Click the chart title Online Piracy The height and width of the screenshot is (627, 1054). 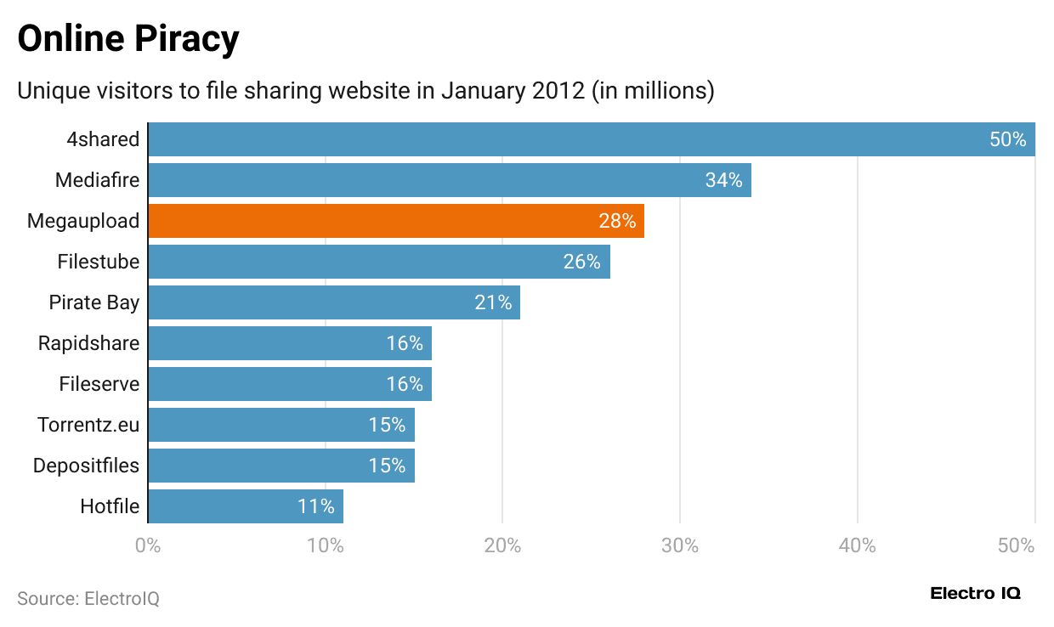click(128, 39)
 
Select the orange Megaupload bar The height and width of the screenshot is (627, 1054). click(395, 221)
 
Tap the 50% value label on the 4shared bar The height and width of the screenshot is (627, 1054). click(1008, 139)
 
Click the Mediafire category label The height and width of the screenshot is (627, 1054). click(97, 180)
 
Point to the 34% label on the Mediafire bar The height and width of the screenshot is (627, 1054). click(723, 180)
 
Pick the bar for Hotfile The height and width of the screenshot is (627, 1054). click(245, 506)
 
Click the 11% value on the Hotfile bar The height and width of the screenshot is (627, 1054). click(315, 506)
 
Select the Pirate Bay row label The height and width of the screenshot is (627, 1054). click(93, 302)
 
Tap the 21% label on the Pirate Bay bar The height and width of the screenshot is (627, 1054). click(493, 302)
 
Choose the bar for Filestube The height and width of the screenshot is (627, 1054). click(378, 262)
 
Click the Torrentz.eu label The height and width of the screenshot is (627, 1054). click(88, 425)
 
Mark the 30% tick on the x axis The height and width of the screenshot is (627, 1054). click(680, 545)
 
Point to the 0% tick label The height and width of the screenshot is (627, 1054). click(148, 545)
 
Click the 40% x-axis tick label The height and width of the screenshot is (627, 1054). click(857, 545)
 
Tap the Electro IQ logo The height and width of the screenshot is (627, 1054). click(975, 593)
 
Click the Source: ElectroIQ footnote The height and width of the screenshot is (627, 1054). click(88, 598)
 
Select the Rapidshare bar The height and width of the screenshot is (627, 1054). click(289, 343)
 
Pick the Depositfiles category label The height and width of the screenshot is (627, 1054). click(86, 466)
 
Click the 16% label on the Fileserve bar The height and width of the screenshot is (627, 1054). click(405, 384)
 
